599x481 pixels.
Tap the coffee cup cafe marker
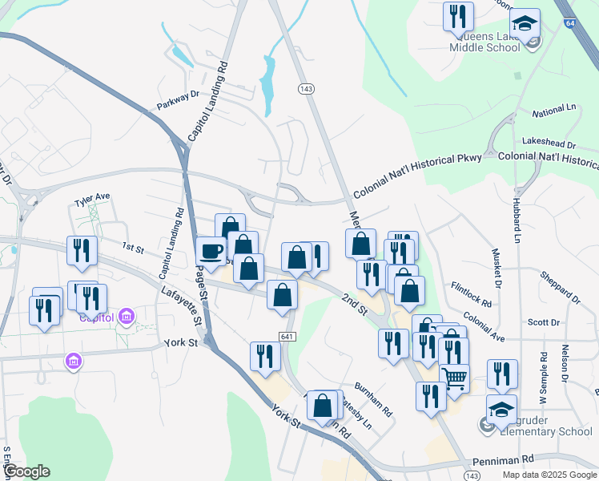click(x=211, y=251)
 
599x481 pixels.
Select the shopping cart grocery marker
click(x=454, y=377)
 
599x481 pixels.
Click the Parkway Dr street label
click(x=178, y=99)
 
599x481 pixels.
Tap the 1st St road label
click(x=132, y=249)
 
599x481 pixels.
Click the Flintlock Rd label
click(x=471, y=294)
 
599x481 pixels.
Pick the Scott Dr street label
click(x=544, y=322)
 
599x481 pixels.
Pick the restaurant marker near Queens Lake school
click(x=458, y=16)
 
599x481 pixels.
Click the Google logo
click(x=26, y=471)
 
